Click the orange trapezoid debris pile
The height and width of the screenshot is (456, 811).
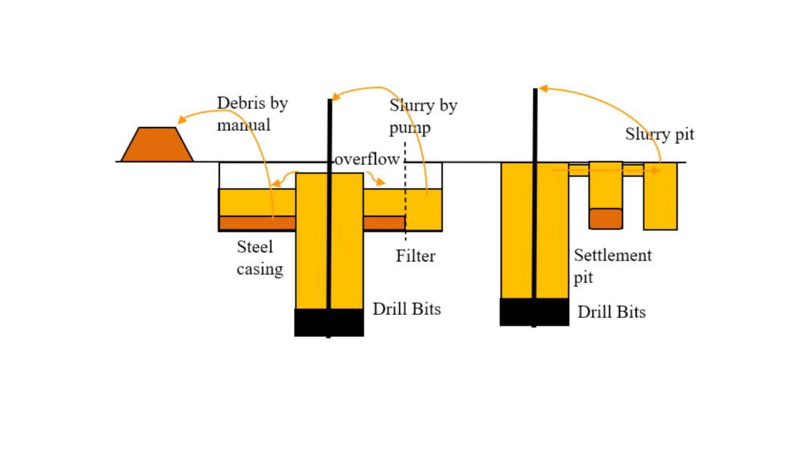(157, 145)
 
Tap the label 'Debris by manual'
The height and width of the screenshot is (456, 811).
(252, 114)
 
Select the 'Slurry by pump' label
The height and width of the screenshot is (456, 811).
(422, 116)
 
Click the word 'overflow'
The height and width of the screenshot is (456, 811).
(367, 160)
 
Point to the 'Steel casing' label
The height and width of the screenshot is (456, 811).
(258, 258)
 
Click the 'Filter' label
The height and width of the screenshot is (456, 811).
(415, 256)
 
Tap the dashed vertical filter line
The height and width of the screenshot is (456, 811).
(405, 205)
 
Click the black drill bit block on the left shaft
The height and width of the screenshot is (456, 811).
(329, 322)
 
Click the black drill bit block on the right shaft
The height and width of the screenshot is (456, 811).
(534, 312)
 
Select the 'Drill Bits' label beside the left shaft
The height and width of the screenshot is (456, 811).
(406, 309)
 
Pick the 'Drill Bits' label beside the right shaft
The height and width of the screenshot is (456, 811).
(612, 312)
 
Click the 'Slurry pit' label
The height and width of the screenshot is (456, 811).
(659, 135)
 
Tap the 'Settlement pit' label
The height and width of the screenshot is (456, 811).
(612, 266)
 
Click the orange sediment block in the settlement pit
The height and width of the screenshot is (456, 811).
(606, 218)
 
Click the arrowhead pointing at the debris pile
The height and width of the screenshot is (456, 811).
(182, 120)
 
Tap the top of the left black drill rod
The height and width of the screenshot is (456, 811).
(330, 102)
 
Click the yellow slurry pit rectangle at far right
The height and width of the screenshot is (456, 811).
(660, 198)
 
